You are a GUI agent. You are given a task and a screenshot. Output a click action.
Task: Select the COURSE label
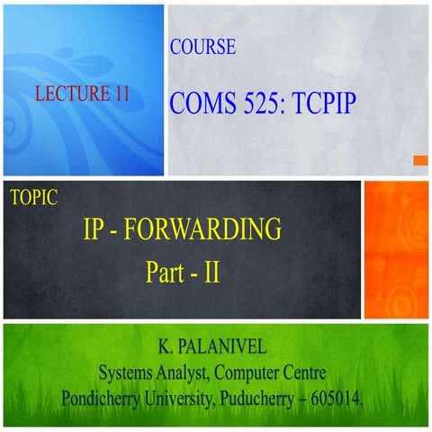(x=202, y=48)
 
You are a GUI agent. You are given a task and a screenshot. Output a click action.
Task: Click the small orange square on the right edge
(x=419, y=160)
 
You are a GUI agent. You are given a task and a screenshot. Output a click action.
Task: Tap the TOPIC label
(x=33, y=199)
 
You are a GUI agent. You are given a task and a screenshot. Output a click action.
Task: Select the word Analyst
(x=194, y=371)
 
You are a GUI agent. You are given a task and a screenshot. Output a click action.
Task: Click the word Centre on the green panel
(x=308, y=371)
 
